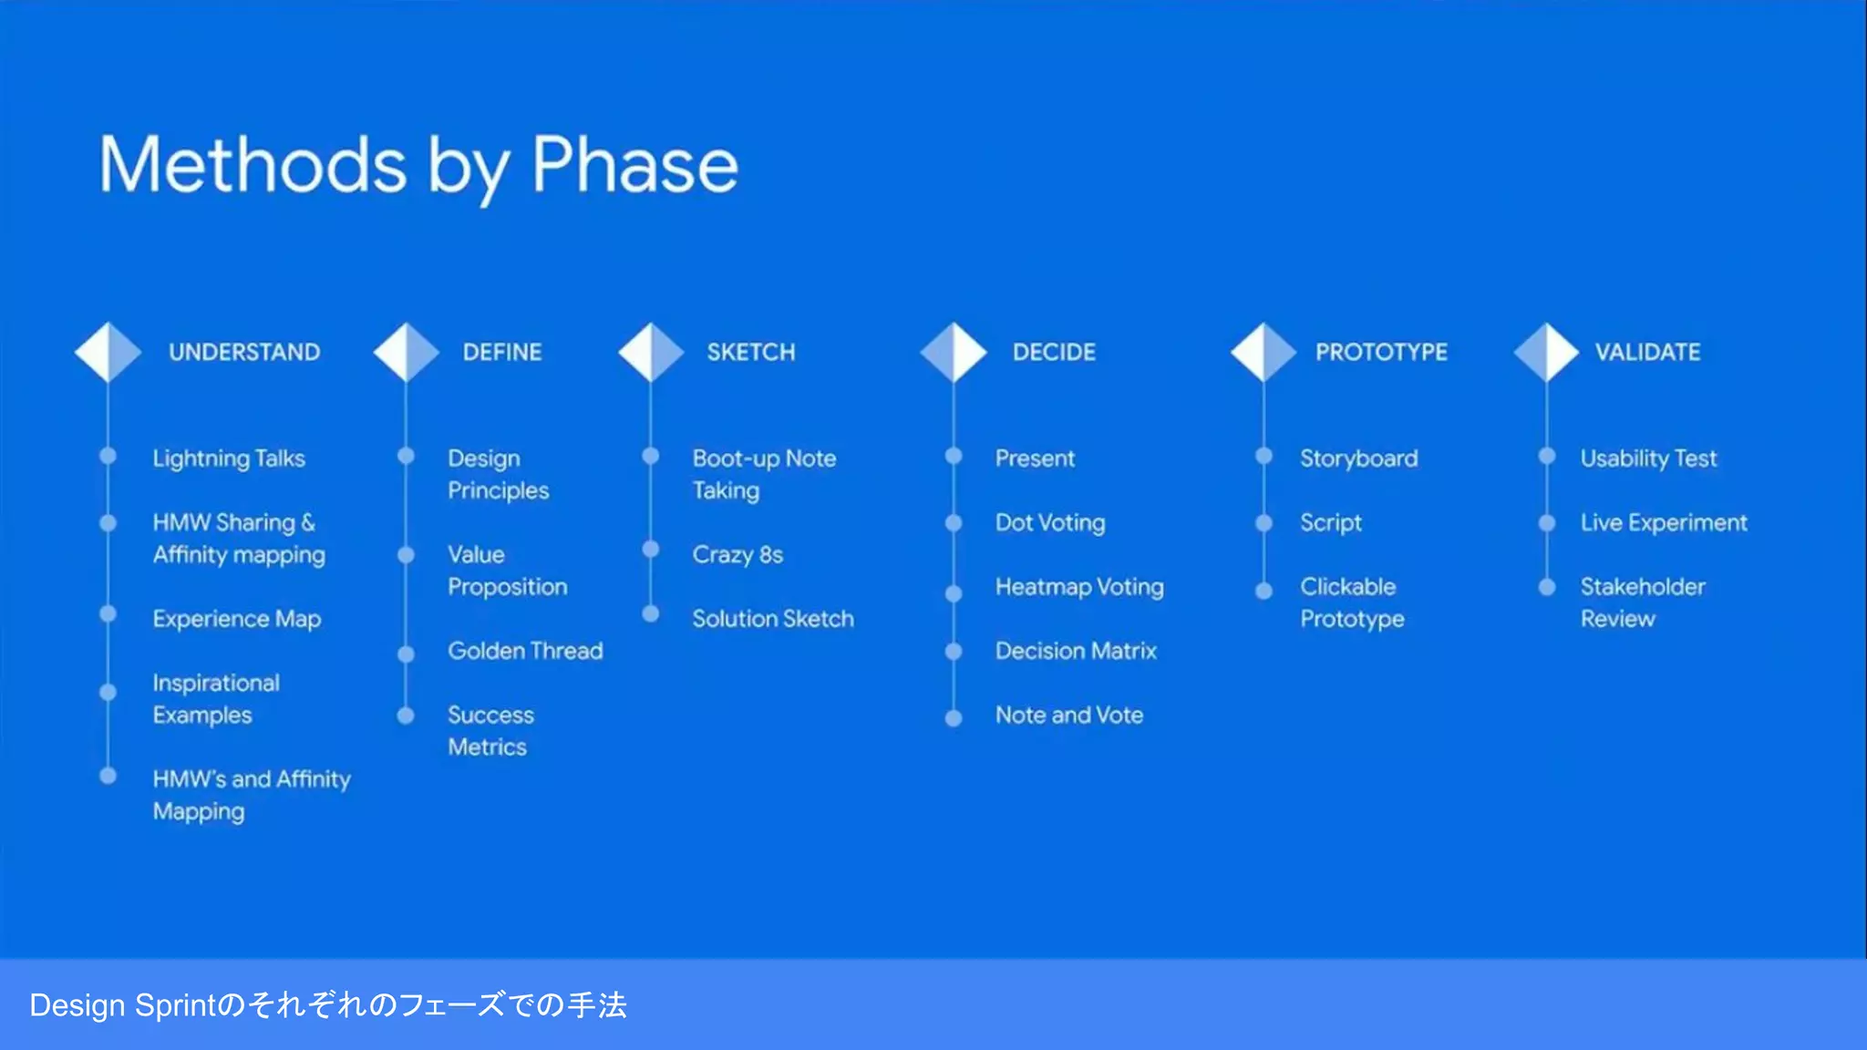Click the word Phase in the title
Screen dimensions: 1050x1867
pyautogui.click(x=634, y=165)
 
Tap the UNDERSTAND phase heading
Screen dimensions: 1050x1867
pyautogui.click(x=244, y=352)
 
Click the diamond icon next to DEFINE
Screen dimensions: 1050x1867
pyautogui.click(x=406, y=352)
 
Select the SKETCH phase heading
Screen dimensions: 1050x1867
pyautogui.click(x=750, y=352)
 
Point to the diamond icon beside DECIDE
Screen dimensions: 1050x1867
pyautogui.click(x=954, y=352)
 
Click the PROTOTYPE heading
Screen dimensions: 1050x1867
pyautogui.click(x=1380, y=352)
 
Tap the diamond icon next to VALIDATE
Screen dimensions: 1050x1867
pyautogui.click(x=1546, y=352)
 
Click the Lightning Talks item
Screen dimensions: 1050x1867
pyautogui.click(x=229, y=458)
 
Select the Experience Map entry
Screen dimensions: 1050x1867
pyautogui.click(x=237, y=620)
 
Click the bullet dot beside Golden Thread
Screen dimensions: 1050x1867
pyautogui.click(x=406, y=654)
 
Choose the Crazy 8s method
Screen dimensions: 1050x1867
pyautogui.click(x=738, y=555)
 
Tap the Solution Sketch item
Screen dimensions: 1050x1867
pyautogui.click(x=772, y=619)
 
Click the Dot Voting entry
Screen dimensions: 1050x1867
pyautogui.click(x=1050, y=523)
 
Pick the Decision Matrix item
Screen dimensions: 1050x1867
pyautogui.click(x=1076, y=651)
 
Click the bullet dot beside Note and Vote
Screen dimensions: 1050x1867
pyautogui.click(x=954, y=718)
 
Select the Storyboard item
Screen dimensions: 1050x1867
pyautogui.click(x=1358, y=458)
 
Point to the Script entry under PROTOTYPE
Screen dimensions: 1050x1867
pyautogui.click(x=1330, y=523)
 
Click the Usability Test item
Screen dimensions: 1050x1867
pyautogui.click(x=1648, y=458)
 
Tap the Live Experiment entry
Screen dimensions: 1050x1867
pyautogui.click(x=1664, y=523)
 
